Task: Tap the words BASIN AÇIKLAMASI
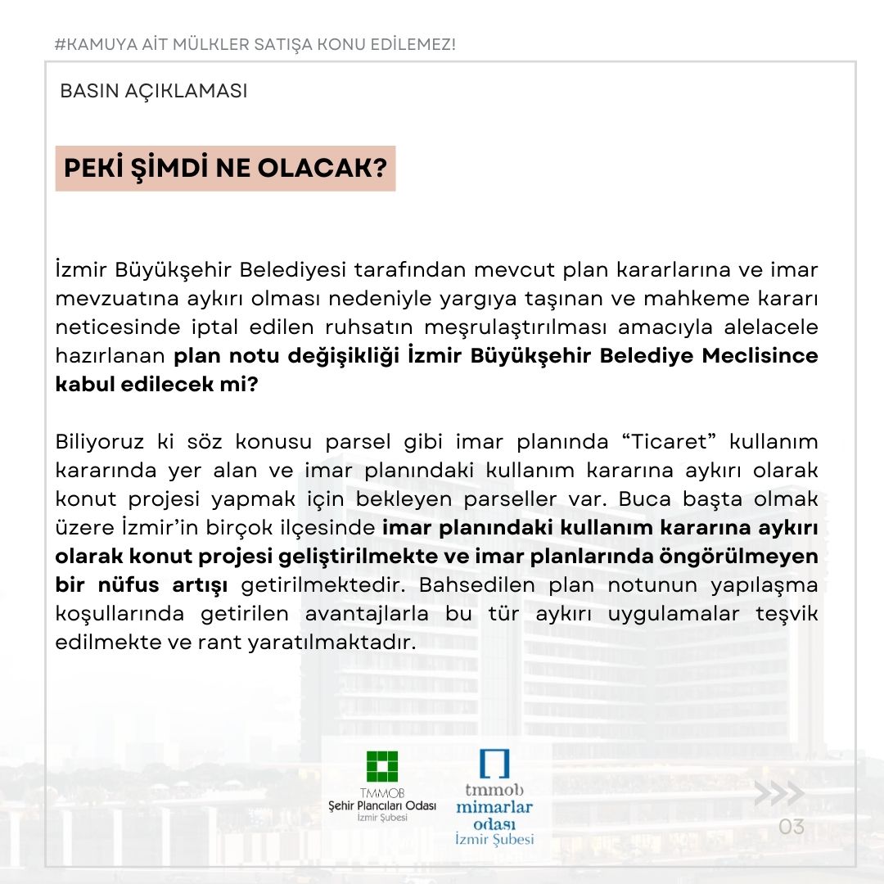click(x=154, y=91)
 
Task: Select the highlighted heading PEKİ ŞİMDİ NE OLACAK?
click(x=225, y=169)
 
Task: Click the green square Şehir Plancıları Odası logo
click(x=382, y=768)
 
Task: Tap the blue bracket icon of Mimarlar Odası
click(x=494, y=763)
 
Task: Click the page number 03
click(x=792, y=827)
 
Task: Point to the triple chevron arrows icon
click(x=778, y=793)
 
